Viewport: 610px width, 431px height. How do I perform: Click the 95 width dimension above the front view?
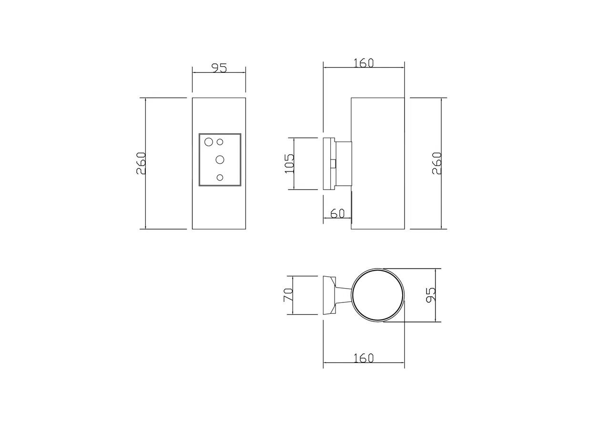pos(219,68)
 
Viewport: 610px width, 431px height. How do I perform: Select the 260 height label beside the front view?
pos(141,163)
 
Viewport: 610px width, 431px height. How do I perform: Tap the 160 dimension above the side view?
pos(364,63)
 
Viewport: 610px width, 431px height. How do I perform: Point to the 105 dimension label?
pos(289,164)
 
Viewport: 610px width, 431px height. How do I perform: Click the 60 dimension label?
pos(337,214)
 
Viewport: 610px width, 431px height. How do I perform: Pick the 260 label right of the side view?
pos(437,163)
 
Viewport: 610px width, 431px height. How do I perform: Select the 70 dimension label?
pos(288,295)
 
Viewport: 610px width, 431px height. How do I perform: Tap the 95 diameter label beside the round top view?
pos(431,295)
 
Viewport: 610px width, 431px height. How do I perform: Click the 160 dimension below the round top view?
pos(364,358)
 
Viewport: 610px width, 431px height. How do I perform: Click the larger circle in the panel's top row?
pos(209,142)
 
